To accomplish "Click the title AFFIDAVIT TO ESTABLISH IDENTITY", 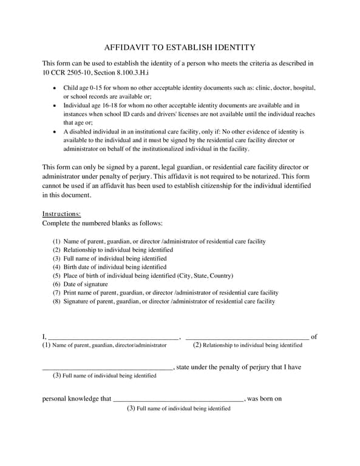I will pos(180,47).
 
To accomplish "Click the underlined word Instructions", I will pos(61,214).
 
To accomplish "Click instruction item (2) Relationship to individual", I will pos(113,250).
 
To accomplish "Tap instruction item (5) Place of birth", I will pos(143,275).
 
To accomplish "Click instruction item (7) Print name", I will pos(165,292).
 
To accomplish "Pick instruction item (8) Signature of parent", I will pos(164,301).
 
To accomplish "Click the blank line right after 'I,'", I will pos(113,337).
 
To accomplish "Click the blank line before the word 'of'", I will pos(246,337).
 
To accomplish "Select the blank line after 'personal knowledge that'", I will pos(178,400).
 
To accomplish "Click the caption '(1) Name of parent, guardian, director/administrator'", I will pos(104,345).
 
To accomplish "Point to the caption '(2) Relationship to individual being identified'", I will pos(247,345).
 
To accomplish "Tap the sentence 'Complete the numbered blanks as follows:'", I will pos(102,223).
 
